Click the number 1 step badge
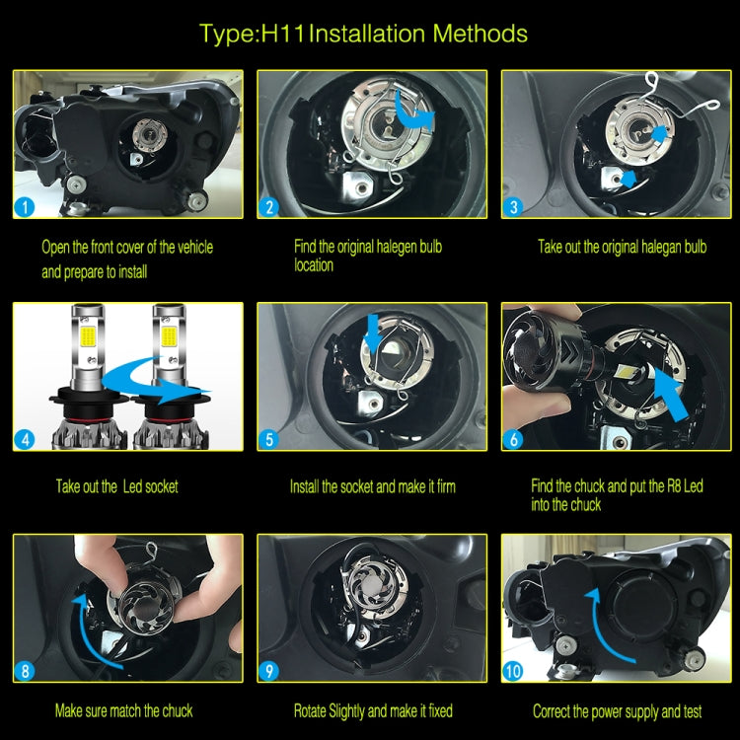[25, 207]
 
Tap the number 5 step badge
[269, 439]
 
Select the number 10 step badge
[513, 671]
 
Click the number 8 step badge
[25, 671]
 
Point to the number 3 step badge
[513, 207]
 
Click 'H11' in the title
[282, 34]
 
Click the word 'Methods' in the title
[480, 34]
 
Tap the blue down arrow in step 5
[373, 333]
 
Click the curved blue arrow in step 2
[412, 111]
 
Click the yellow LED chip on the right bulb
[169, 336]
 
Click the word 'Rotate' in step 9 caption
[309, 710]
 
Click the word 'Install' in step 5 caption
[304, 486]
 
